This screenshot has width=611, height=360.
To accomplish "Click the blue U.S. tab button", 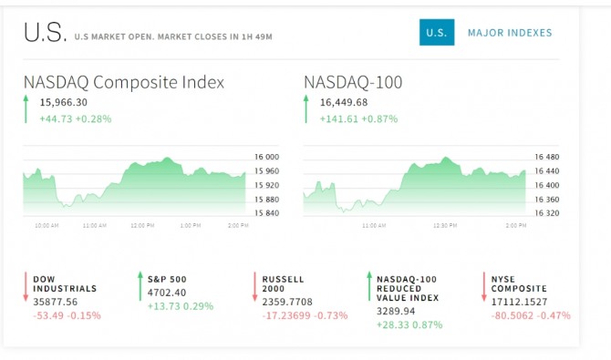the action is coord(437,32).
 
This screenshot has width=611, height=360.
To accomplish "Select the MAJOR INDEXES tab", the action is coord(510,33).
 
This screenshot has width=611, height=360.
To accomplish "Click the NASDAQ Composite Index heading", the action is coord(124,82).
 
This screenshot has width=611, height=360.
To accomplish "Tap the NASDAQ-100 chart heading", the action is coord(353,82).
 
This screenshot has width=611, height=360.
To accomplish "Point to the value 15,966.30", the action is coord(64,102).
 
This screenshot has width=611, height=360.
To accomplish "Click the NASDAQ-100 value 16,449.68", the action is coord(344,102).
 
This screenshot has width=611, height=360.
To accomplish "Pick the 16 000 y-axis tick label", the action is coord(266,157).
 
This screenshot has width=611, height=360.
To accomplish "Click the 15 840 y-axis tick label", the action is coord(266,213).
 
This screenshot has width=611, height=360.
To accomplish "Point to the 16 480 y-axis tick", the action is coord(546,157).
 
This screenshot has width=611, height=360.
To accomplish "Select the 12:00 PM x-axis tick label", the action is coord(142,226).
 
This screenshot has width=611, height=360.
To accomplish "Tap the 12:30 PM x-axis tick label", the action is coord(445,226).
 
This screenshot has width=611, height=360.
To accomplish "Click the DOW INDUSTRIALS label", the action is coord(65,284).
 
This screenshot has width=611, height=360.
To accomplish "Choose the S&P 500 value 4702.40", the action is coord(167,293).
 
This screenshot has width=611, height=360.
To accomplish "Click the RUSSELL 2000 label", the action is coord(283,284).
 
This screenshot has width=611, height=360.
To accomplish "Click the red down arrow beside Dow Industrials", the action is coord(26,287).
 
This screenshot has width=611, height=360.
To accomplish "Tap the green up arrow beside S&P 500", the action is coord(140,286).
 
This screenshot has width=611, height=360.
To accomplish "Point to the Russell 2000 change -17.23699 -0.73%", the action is coord(305,315).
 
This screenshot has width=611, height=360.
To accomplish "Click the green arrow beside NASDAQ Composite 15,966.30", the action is coord(26,109).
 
